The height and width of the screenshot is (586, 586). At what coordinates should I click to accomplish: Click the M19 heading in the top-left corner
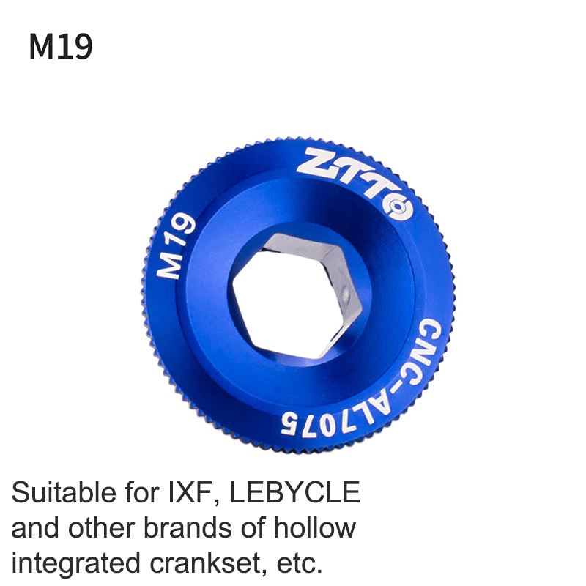click(x=61, y=47)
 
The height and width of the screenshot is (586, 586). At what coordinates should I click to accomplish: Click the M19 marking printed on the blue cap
click(x=177, y=246)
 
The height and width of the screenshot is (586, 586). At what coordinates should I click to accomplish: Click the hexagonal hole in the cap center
click(x=297, y=295)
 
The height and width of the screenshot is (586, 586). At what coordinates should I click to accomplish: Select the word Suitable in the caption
click(x=64, y=492)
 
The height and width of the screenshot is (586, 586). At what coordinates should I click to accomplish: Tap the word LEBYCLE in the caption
click(x=295, y=492)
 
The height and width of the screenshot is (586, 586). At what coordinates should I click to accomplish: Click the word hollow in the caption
click(x=315, y=527)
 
